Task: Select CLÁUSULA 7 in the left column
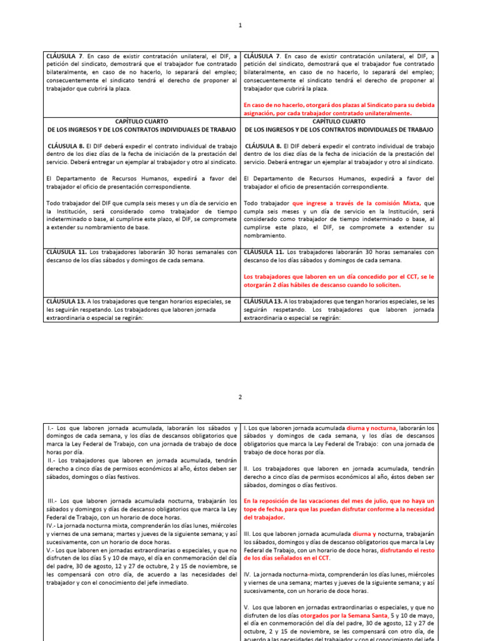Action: [x=65, y=56]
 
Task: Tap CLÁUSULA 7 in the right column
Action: [x=261, y=56]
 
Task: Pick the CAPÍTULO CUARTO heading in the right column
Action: [x=338, y=121]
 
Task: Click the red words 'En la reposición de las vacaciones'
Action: [x=295, y=501]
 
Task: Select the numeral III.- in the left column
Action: [x=54, y=501]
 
